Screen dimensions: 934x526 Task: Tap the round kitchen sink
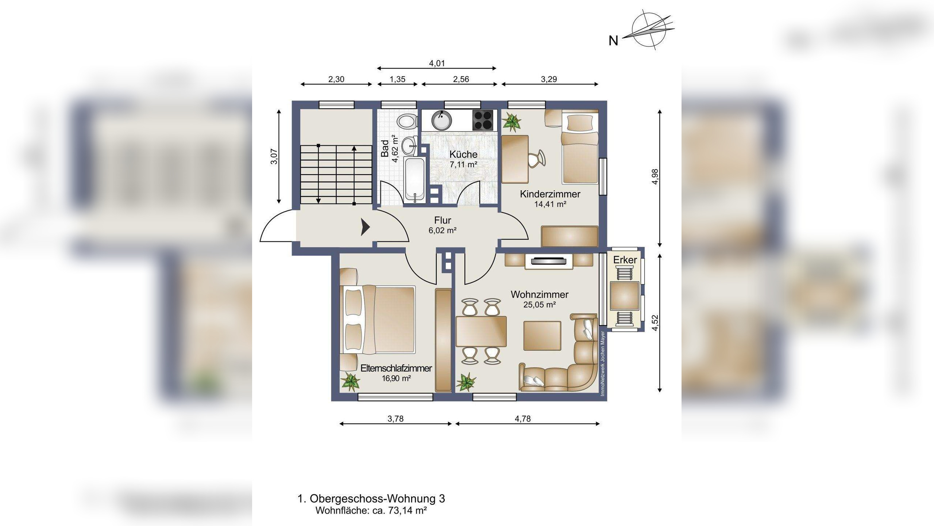tap(441, 120)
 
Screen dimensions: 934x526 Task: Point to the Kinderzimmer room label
tap(550, 194)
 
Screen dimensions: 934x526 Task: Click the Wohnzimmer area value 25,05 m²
tap(540, 305)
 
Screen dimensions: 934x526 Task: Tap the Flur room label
tap(443, 220)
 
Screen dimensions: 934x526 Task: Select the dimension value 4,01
tap(437, 63)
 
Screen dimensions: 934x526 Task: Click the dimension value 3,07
tap(274, 157)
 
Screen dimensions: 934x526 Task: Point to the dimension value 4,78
tap(523, 419)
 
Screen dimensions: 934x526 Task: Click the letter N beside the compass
tap(613, 41)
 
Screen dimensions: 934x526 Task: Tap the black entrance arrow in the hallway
tap(366, 227)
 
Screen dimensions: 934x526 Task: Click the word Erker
tap(625, 260)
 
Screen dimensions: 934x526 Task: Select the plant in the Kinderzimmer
tap(512, 122)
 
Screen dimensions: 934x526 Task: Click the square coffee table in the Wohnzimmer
tap(542, 336)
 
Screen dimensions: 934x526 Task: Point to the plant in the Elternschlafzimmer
tap(350, 382)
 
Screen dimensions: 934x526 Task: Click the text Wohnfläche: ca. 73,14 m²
tap(371, 510)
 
